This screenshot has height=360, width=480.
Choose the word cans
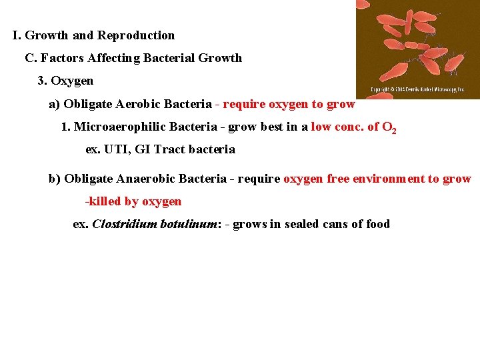tap(338, 224)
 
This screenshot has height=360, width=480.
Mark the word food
tap(377, 224)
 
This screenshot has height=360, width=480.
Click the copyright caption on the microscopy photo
tap(417, 90)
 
